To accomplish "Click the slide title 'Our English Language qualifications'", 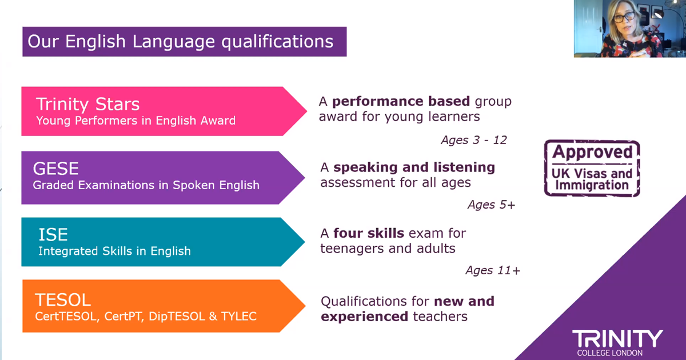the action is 181,42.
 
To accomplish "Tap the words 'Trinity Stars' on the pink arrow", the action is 88,104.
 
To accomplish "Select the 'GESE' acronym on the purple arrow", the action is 56,169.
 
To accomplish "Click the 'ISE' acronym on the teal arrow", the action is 53,234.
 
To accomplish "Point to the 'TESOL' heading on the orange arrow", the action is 63,299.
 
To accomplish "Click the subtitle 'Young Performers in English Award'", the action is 135,121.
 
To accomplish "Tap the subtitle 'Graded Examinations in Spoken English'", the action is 146,185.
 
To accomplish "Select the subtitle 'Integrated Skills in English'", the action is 114,251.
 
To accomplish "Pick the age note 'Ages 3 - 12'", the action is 474,140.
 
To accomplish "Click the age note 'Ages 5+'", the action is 492,205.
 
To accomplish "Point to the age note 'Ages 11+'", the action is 493,270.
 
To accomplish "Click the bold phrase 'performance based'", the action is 401,102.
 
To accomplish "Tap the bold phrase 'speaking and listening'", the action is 414,167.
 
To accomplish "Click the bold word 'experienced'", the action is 365,317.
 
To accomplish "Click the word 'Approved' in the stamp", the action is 592,152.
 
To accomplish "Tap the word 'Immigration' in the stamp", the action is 592,185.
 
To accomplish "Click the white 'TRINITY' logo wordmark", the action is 617,338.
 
